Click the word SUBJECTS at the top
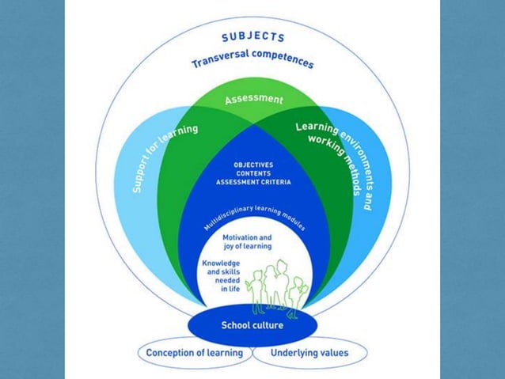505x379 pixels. [252, 36]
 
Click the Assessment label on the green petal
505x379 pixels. [253, 100]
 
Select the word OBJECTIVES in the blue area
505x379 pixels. [253, 165]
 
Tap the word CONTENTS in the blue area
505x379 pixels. [253, 172]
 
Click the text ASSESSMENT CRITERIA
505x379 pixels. [253, 181]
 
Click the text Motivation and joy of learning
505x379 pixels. [252, 241]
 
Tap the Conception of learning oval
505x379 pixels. [194, 353]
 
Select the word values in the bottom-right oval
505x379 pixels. [333, 353]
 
